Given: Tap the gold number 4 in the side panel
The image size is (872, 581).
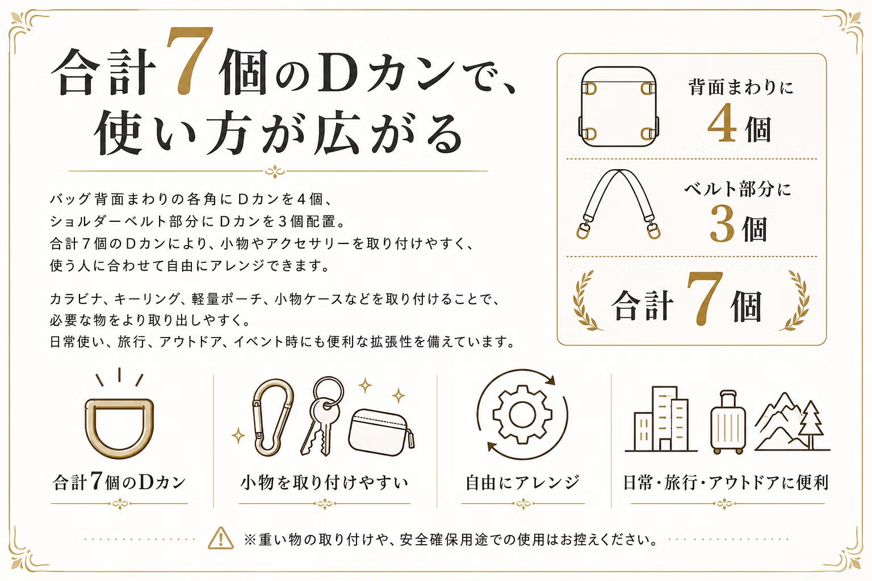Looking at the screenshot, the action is tap(722, 123).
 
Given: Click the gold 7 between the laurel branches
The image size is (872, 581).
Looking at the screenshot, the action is tap(705, 298).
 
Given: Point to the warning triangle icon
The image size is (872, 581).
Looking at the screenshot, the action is tap(221, 538).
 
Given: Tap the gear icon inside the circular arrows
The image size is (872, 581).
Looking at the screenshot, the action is tap(522, 415).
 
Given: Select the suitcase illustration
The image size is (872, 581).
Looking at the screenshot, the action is tap(728, 422).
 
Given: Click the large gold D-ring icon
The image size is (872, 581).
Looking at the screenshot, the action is tap(119, 428).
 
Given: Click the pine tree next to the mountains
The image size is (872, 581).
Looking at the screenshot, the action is tap(811, 425).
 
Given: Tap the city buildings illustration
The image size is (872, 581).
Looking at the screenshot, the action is tap(661, 419).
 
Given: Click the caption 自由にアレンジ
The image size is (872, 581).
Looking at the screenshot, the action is tap(522, 482).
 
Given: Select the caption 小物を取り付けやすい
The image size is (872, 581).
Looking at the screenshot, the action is tap(324, 482).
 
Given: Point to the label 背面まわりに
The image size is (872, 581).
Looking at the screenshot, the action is tap(741, 87).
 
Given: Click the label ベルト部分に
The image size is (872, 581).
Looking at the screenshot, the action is tap(738, 189).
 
